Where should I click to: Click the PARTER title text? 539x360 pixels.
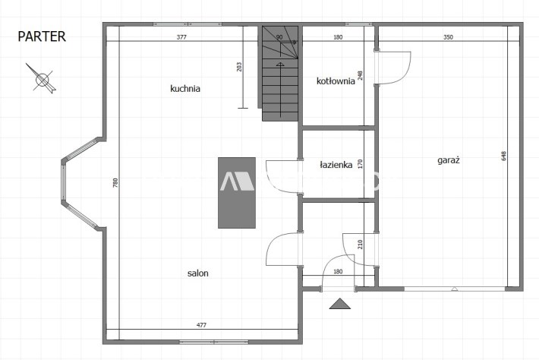(x=42, y=36)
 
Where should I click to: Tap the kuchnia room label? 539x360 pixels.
(x=185, y=88)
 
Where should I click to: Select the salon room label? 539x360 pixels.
(x=197, y=273)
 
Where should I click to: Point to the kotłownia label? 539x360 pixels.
(x=336, y=81)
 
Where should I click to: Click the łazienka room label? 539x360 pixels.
(x=336, y=165)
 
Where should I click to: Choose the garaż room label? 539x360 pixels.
(x=449, y=160)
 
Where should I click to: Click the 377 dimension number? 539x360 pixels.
(x=181, y=37)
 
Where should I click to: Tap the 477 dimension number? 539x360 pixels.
(x=201, y=325)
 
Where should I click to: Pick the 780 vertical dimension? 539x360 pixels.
(x=115, y=182)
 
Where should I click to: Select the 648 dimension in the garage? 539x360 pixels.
(x=504, y=156)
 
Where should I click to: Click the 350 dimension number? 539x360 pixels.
(x=448, y=37)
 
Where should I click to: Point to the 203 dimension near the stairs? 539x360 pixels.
(x=239, y=67)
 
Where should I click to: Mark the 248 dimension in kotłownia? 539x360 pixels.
(x=361, y=75)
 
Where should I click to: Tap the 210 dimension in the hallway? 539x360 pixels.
(x=361, y=245)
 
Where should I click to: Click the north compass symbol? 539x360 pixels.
(x=42, y=79)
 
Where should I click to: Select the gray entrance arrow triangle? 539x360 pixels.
(x=340, y=304)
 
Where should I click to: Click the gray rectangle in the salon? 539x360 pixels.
(x=237, y=193)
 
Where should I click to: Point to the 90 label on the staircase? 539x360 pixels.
(x=279, y=37)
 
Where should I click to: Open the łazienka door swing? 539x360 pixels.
(x=282, y=176)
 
